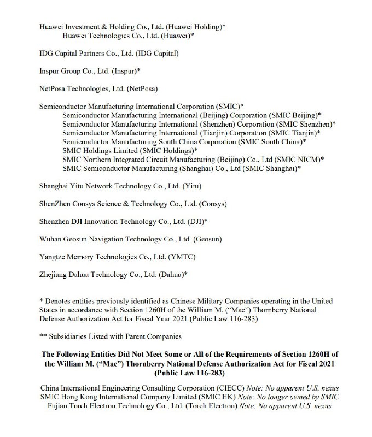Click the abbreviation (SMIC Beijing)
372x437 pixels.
[x=293, y=115]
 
